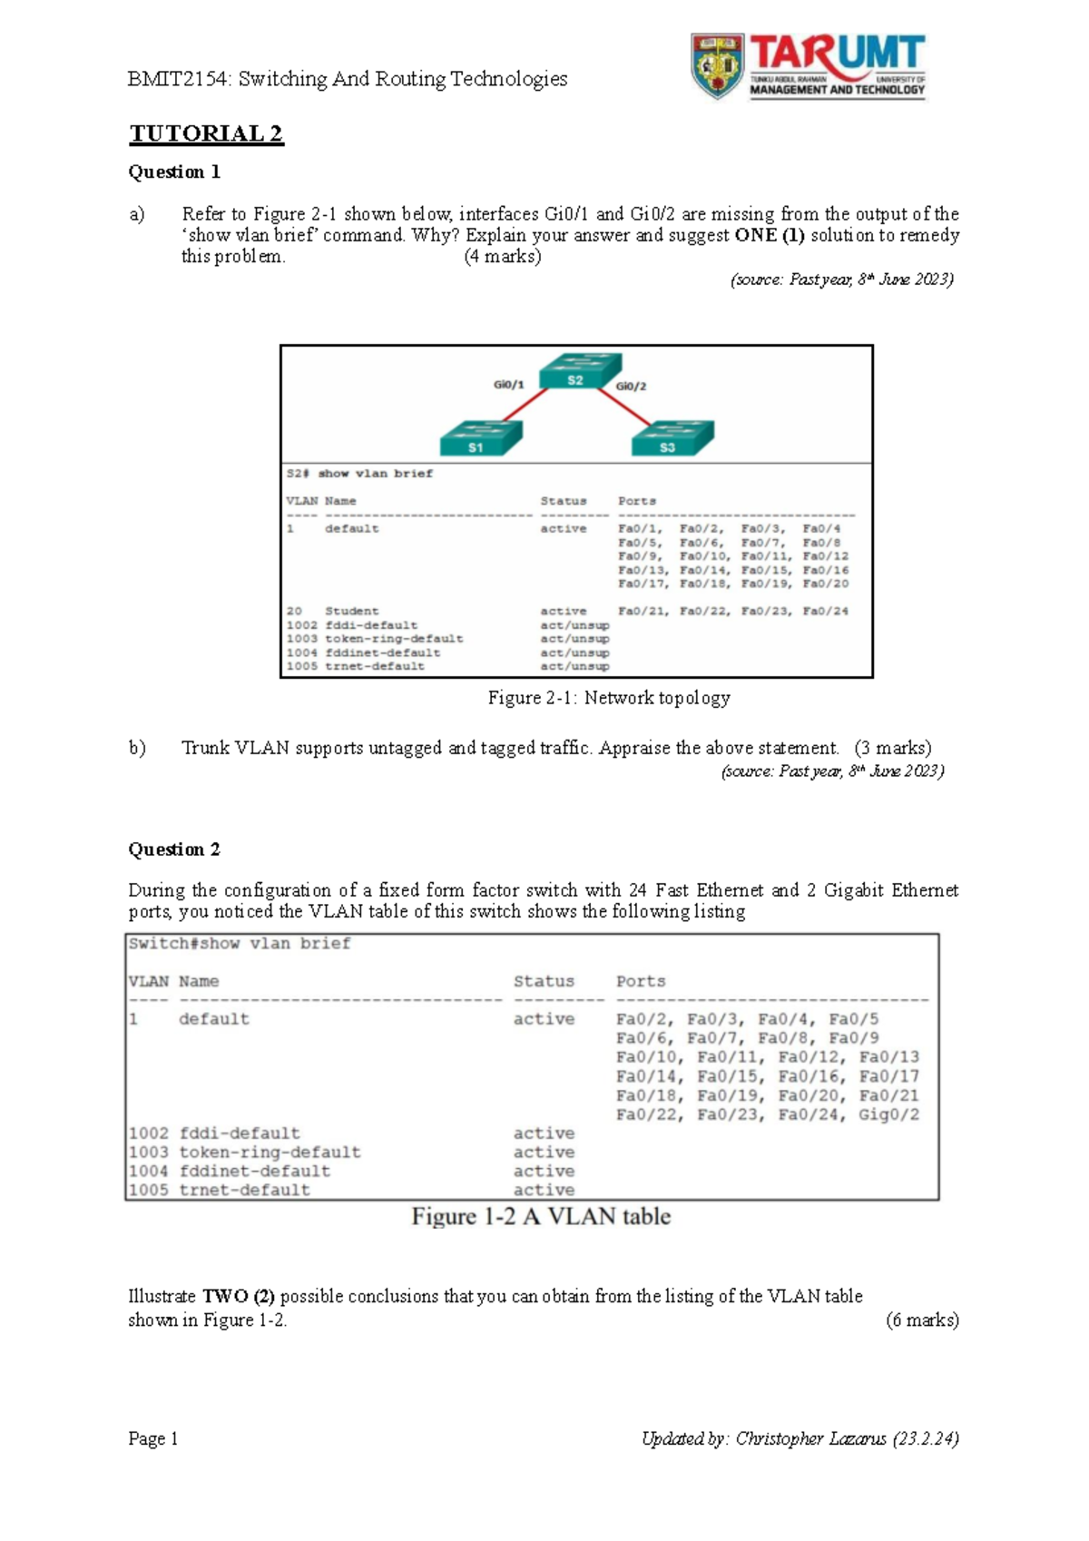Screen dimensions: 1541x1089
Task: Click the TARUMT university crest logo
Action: pyautogui.click(x=717, y=65)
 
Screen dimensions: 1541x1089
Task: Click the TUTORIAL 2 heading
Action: pyautogui.click(x=206, y=134)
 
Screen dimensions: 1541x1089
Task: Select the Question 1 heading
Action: pyautogui.click(x=174, y=172)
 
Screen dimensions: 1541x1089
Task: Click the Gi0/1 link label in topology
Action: pyautogui.click(x=508, y=385)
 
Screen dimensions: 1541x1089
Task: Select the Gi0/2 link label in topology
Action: pyautogui.click(x=631, y=387)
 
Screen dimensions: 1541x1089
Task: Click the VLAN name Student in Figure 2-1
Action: pyautogui.click(x=352, y=611)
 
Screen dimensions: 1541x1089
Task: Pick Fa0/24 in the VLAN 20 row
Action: pyautogui.click(x=825, y=611)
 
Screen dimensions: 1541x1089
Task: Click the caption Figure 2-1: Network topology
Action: pyautogui.click(x=609, y=698)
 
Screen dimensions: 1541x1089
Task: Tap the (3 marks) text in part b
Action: pyautogui.click(x=893, y=748)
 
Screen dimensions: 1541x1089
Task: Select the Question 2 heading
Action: pyautogui.click(x=174, y=849)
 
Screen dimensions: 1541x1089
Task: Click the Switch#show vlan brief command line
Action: pyautogui.click(x=240, y=944)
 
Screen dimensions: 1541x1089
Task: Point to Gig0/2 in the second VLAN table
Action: pyautogui.click(x=888, y=1114)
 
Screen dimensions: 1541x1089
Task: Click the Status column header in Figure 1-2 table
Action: pyautogui.click(x=544, y=981)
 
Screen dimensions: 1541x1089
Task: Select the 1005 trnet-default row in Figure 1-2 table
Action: pyautogui.click(x=220, y=1190)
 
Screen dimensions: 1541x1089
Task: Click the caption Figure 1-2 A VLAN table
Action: pyautogui.click(x=541, y=1217)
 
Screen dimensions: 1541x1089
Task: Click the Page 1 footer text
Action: pyautogui.click(x=153, y=1438)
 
